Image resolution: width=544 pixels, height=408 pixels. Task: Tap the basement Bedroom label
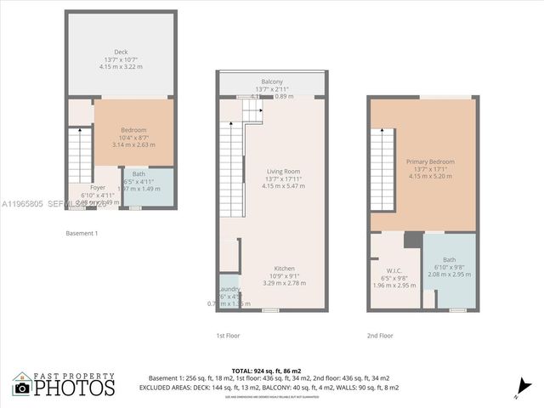pos(133,129)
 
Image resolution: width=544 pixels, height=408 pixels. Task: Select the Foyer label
pos(99,187)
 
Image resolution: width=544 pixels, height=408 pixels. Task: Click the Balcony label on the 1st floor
pos(272,81)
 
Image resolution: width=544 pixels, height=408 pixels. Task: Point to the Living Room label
pos(272,171)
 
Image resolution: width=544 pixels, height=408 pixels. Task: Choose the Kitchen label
pos(284,268)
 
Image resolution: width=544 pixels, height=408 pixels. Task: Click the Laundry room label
pos(229,289)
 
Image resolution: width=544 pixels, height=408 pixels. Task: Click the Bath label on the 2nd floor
pos(449,259)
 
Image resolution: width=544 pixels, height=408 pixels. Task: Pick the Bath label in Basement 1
pos(138,174)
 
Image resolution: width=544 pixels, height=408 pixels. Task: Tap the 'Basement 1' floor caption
pos(82,233)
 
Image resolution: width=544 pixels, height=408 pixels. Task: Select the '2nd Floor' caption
pos(380,336)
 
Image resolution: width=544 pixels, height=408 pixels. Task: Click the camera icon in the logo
pos(22,388)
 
